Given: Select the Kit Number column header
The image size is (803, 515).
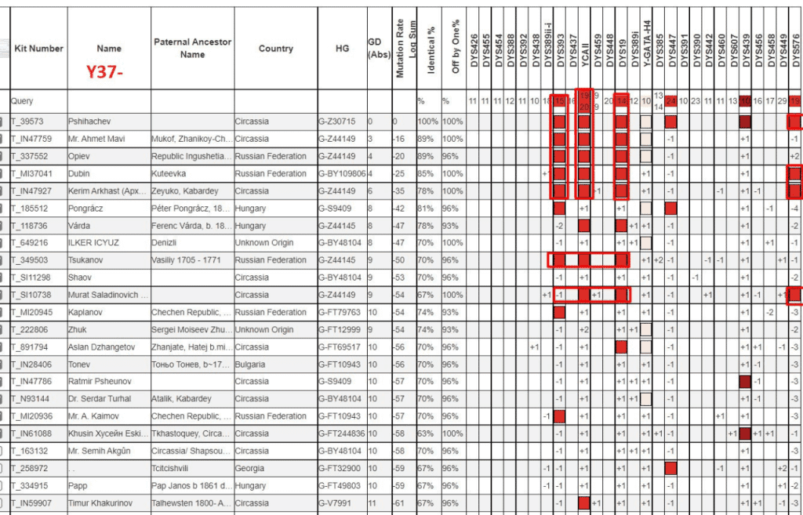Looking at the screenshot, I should point(38,49).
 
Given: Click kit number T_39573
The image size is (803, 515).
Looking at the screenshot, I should point(27,121).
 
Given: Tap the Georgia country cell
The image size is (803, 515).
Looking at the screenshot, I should point(252,468).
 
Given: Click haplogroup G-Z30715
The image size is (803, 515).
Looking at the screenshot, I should point(340,121).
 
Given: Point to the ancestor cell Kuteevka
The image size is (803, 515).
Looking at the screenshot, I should point(172,173).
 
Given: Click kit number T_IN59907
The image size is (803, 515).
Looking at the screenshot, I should point(31,503).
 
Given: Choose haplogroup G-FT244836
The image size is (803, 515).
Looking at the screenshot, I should point(343,433).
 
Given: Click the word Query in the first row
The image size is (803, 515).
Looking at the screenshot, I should point(23,101).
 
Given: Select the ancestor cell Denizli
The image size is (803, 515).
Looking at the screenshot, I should point(166,243).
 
